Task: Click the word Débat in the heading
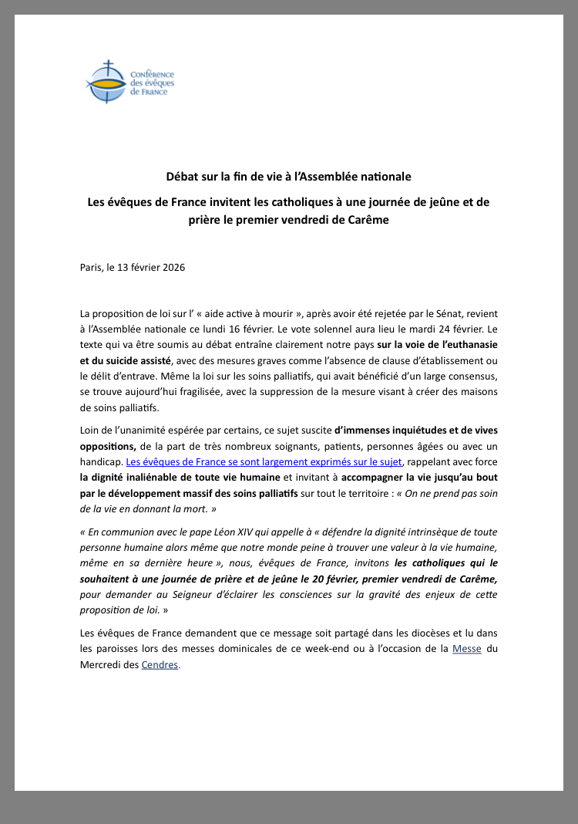183,177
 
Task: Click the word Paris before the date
90,267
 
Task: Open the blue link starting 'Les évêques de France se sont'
264,461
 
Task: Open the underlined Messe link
467,648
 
